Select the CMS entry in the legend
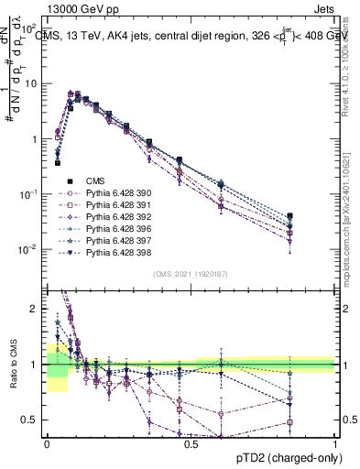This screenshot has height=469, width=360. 98,181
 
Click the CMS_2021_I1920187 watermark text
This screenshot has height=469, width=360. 191,274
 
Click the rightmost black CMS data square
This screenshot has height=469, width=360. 290,216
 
